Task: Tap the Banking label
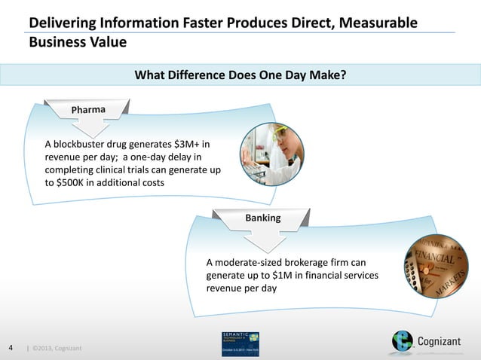(x=262, y=218)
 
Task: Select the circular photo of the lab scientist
(x=272, y=154)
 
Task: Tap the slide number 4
(x=11, y=347)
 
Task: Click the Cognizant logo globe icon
(x=403, y=341)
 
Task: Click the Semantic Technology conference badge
(x=240, y=343)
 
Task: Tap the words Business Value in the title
(x=77, y=42)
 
